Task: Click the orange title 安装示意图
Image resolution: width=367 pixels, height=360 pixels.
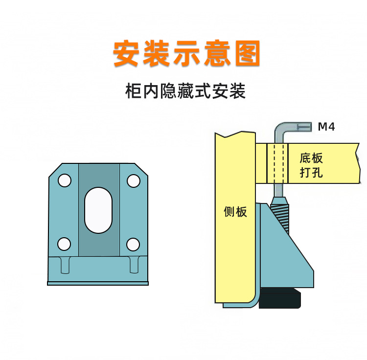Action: coord(186,54)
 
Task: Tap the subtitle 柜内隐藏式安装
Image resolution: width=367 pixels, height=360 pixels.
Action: coord(185,91)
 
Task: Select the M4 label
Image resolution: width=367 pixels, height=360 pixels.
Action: coord(326,127)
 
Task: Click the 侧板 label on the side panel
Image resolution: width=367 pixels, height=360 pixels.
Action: coord(235,212)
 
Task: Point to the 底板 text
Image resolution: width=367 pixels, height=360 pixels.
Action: coord(311,158)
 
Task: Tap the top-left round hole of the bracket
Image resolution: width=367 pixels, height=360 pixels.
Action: coord(64,181)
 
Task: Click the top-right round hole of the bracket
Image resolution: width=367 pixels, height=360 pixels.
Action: coord(133,181)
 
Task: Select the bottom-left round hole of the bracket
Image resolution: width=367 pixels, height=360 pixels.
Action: coord(64,243)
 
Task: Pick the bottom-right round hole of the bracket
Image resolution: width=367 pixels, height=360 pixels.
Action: coord(133,243)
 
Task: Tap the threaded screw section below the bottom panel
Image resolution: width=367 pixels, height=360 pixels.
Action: coord(282,213)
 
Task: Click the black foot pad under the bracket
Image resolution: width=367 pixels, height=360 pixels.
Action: coord(279,298)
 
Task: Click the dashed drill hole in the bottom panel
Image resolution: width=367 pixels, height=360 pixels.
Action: coord(279,163)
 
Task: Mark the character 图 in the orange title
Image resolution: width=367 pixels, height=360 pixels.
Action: coord(246,54)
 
